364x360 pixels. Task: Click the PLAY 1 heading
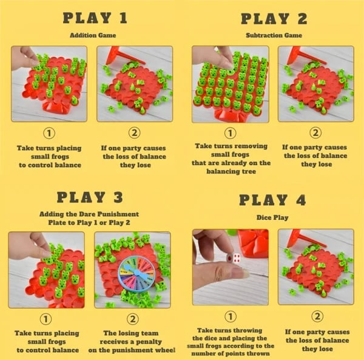tap(96, 18)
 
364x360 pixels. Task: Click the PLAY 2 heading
tap(274, 18)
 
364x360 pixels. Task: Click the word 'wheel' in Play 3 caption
tap(164, 351)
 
